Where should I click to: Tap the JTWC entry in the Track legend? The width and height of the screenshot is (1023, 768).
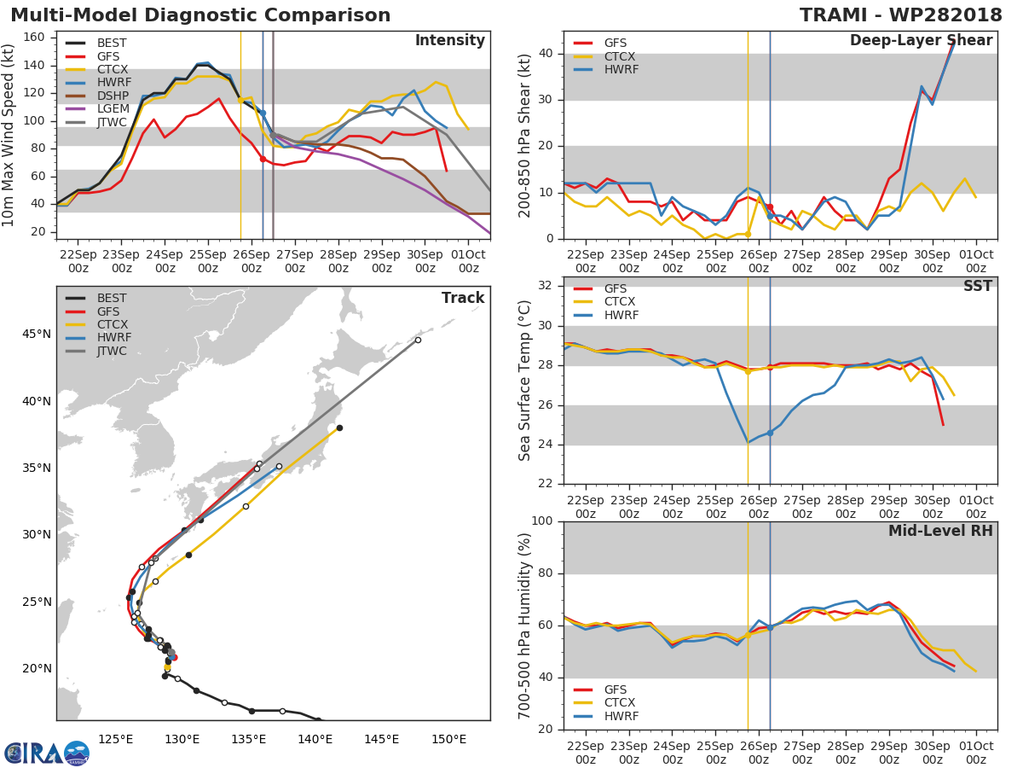point(111,352)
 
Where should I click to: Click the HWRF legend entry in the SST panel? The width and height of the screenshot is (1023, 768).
point(621,316)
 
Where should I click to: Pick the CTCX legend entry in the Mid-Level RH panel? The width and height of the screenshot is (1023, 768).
point(621,703)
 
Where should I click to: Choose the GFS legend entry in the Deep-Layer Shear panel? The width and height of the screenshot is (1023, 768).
point(621,43)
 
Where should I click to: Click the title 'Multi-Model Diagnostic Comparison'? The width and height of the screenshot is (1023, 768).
point(200,15)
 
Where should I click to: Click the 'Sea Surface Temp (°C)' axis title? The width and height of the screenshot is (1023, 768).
point(525,381)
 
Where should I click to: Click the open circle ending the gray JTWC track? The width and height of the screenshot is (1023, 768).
point(418,340)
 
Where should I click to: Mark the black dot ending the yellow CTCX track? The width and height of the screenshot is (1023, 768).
point(339,428)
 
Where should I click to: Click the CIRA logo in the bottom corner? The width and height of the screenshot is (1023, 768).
point(46,753)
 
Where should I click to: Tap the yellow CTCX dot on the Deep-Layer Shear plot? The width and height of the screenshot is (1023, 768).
point(748,234)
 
